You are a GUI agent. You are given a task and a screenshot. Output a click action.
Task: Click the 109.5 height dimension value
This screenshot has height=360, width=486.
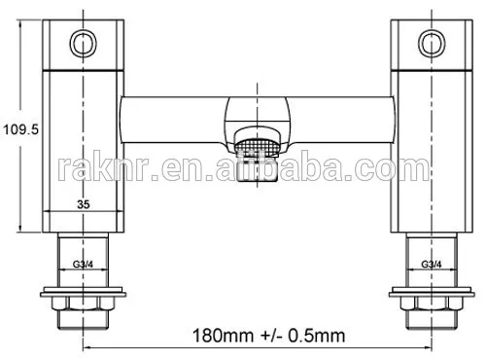[20, 129]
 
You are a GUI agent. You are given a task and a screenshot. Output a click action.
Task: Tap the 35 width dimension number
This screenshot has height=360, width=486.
[84, 204]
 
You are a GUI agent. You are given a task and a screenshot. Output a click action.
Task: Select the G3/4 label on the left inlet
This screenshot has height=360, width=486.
[83, 265]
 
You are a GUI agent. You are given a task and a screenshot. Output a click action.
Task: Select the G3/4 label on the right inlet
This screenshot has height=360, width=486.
[432, 264]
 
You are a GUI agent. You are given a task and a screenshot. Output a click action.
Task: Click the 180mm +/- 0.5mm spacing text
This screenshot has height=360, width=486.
[268, 336]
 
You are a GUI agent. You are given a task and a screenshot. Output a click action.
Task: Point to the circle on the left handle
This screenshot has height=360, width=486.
[70, 43]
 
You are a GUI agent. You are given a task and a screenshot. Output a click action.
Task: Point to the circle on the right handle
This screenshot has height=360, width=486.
[419, 43]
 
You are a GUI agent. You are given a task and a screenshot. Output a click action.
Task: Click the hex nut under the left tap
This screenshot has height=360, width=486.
[84, 303]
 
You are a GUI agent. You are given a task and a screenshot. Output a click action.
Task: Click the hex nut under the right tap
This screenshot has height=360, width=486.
[432, 303]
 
